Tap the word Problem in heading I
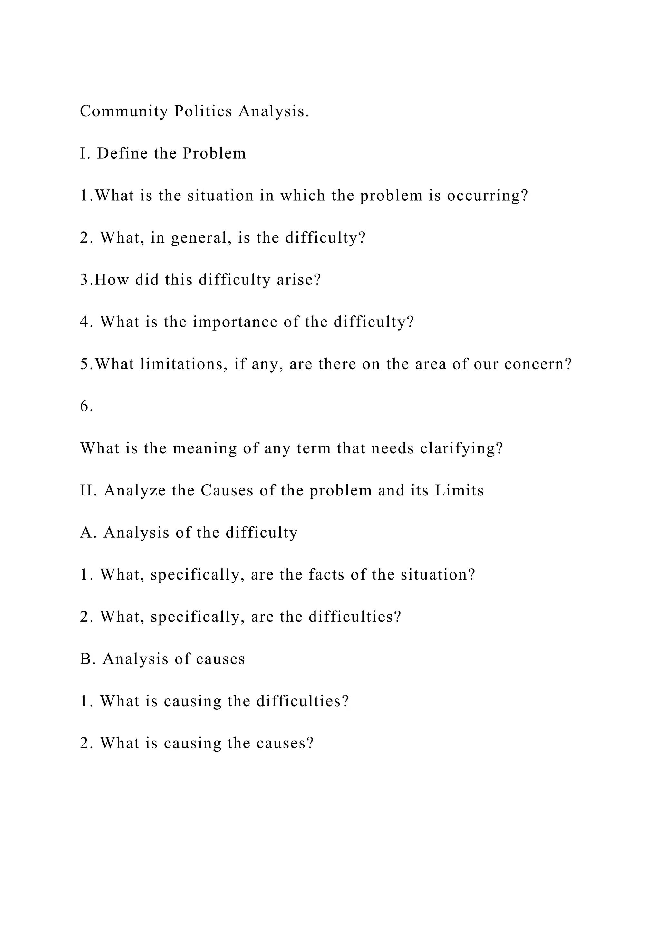coord(214,154)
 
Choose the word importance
coord(235,322)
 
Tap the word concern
coord(538,364)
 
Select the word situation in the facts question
coord(438,575)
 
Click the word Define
coord(122,154)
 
